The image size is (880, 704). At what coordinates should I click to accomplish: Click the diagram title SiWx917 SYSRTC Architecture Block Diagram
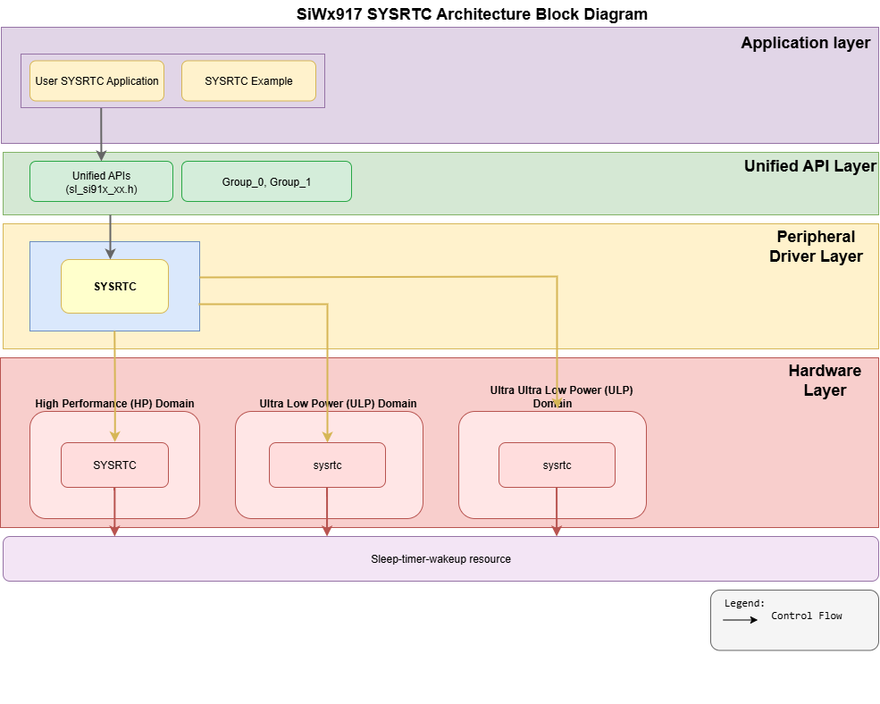coord(472,14)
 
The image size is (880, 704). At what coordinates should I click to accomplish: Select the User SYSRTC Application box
coord(96,81)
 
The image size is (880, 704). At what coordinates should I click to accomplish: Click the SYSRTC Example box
coord(248,81)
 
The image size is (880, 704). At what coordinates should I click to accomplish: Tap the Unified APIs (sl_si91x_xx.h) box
coord(101,182)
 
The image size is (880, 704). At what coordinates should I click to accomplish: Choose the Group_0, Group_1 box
coord(266,182)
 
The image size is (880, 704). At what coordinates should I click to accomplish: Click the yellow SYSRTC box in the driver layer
coord(114,287)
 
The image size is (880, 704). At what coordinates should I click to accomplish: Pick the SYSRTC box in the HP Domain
coord(114,465)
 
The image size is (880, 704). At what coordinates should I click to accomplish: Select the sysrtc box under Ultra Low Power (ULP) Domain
coord(327,465)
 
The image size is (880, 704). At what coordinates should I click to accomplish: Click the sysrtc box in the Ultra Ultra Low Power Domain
coord(557,465)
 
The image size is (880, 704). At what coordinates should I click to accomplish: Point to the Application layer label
coord(805,43)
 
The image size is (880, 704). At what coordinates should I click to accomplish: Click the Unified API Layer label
coord(809,166)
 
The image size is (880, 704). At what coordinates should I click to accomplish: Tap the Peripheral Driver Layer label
coord(818,247)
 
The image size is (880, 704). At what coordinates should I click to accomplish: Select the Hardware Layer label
coord(824,380)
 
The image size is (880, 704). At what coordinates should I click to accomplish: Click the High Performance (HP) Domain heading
coord(114,404)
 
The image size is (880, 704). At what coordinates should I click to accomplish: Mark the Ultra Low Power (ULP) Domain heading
coord(338,404)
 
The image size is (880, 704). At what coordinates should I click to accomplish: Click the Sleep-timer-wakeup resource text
coord(440,559)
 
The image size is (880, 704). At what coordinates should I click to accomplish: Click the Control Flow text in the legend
coord(806,616)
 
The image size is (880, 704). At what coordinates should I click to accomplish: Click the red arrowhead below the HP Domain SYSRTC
coord(114,531)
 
